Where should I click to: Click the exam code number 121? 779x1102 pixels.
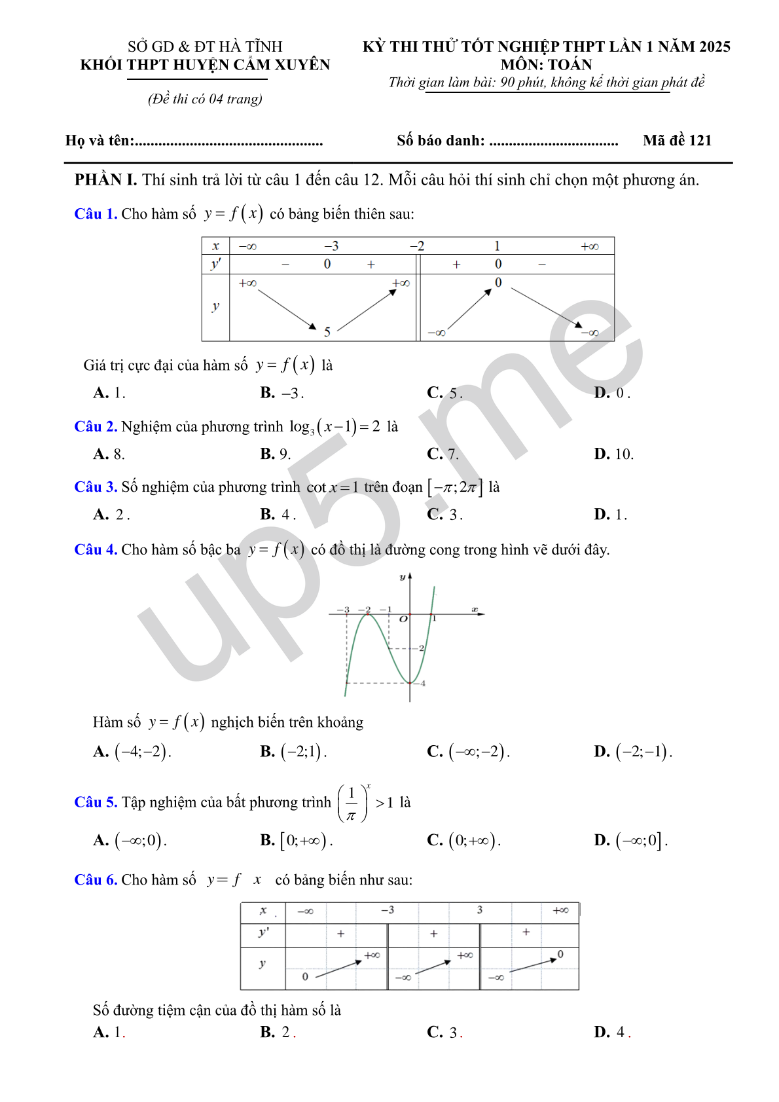pyautogui.click(x=700, y=140)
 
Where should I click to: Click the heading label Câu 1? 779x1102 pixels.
pyautogui.click(x=96, y=214)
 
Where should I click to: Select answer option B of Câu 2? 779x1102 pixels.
pyautogui.click(x=275, y=454)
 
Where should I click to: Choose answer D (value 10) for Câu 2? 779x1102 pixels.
pyautogui.click(x=613, y=454)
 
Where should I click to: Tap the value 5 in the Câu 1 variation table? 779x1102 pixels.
pyautogui.click(x=327, y=332)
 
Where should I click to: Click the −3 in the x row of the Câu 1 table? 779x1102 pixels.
pyautogui.click(x=331, y=246)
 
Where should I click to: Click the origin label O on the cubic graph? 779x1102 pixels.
pyautogui.click(x=403, y=619)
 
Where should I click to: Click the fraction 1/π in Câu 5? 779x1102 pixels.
pyautogui.click(x=352, y=803)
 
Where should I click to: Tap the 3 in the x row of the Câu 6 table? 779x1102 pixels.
pyautogui.click(x=480, y=910)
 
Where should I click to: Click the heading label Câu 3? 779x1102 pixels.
pyautogui.click(x=96, y=487)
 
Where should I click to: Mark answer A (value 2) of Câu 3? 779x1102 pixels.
pyautogui.click(x=111, y=515)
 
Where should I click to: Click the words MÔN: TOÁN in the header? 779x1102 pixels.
pyautogui.click(x=546, y=65)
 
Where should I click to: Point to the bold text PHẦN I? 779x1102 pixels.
pyautogui.click(x=105, y=180)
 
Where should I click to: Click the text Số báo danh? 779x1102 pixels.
pyautogui.click(x=441, y=141)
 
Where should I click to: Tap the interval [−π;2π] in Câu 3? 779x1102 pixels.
pyautogui.click(x=455, y=487)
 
